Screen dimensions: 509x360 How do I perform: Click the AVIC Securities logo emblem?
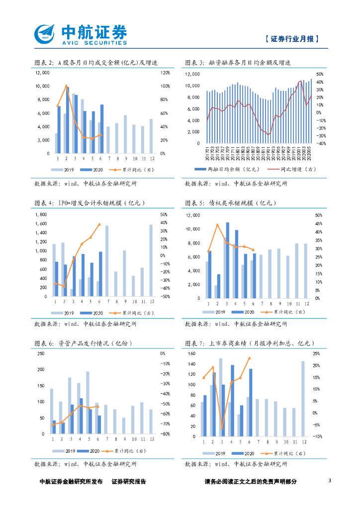(45, 33)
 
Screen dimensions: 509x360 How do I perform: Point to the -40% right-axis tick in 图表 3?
(321, 143)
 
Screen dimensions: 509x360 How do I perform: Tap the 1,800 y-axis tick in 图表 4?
(41, 215)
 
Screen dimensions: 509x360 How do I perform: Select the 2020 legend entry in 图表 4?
(93, 313)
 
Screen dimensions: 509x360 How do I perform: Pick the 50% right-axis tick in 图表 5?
(319, 215)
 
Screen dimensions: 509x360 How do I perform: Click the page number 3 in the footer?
(330, 481)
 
